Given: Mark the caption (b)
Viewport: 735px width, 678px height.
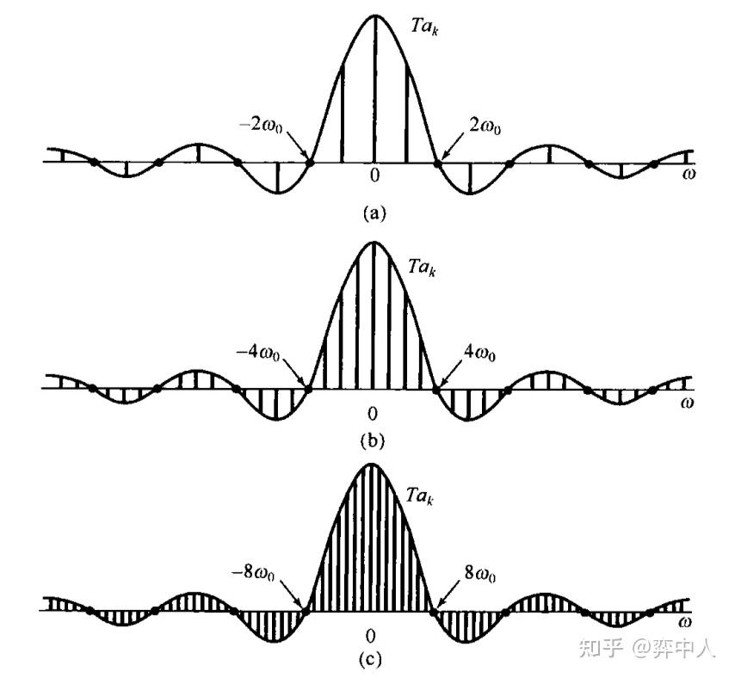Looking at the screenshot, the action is click(x=372, y=442).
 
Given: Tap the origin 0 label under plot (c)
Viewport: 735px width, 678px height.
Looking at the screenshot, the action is click(x=371, y=637).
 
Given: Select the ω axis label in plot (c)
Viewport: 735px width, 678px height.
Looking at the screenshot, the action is click(x=685, y=621).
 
